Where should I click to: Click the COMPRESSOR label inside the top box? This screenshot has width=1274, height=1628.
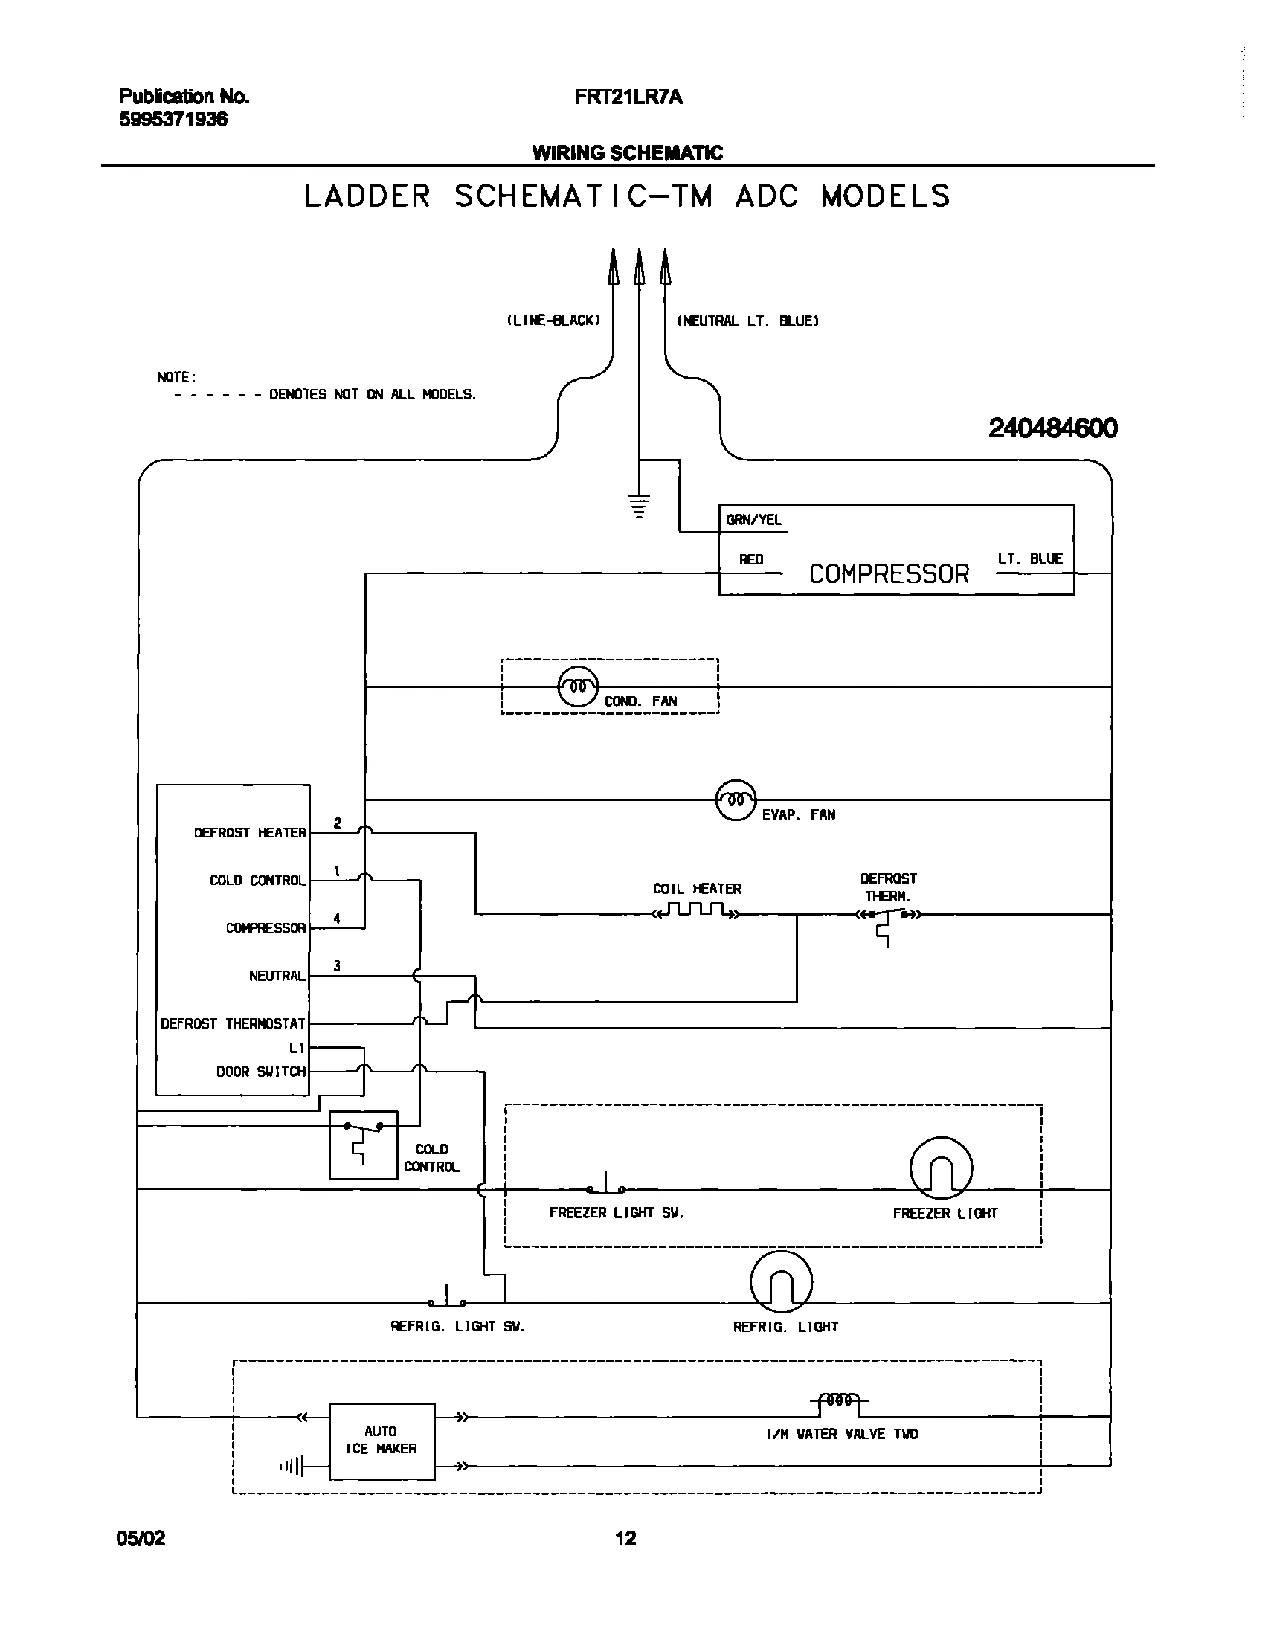point(888,573)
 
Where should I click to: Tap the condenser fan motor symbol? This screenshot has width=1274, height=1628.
point(578,686)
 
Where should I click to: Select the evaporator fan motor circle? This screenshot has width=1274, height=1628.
point(736,799)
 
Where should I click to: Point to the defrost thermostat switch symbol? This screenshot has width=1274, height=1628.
point(887,917)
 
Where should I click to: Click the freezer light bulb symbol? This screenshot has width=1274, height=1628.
point(941,1168)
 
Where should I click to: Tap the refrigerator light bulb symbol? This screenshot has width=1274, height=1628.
point(780,1282)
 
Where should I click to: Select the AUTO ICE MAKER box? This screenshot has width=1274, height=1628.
point(382,1441)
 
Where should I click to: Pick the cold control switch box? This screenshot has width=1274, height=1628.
point(363,1145)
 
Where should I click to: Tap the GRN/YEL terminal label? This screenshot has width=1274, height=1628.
point(753,521)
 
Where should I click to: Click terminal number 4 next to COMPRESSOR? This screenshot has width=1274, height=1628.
point(337,918)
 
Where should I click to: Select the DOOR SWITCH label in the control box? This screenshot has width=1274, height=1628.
point(261,1072)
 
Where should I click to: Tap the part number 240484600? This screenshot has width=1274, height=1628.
point(1052,428)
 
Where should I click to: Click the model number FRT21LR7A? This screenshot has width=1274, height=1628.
point(628,97)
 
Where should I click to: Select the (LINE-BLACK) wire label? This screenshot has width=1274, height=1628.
point(553,321)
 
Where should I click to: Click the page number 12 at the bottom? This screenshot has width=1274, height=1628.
point(625,1538)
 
